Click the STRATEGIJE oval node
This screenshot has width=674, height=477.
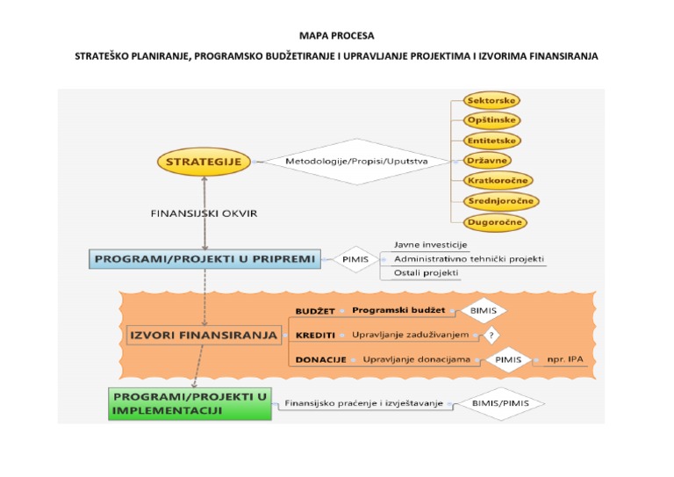pos(204,162)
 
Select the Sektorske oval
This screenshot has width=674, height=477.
pos(491,100)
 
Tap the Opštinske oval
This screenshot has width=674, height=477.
pos(491,120)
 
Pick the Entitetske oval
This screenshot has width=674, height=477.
pos(492,141)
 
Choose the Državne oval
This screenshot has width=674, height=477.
pos(487,161)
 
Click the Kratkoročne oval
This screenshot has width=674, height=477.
pos(498,181)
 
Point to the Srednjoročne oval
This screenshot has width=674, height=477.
pos(501,201)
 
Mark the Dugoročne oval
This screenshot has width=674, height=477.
pos(495,222)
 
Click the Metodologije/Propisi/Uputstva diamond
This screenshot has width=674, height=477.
pos(356,162)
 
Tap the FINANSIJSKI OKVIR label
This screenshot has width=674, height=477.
pos(204,213)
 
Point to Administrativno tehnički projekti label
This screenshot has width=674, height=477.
pos(469,259)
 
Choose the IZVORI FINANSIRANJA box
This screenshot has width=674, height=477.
pos(203,335)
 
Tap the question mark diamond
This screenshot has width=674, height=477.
pos(492,335)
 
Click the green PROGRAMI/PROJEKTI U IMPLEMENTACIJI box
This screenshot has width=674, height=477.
pos(190,404)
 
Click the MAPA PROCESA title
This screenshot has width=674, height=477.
pos(336,36)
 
